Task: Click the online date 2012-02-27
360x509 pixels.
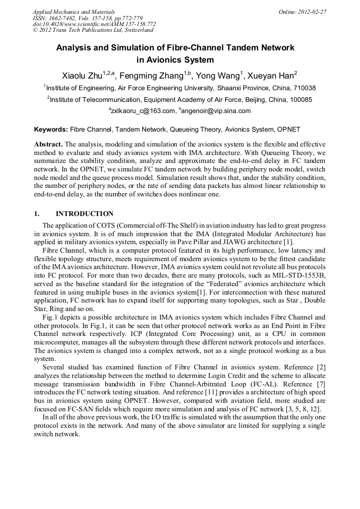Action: click(x=312, y=12)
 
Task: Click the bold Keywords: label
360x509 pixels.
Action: click(x=51, y=129)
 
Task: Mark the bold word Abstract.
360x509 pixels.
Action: click(x=48, y=144)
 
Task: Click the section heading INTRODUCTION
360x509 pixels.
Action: click(x=84, y=214)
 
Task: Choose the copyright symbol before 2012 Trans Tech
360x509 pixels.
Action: click(x=35, y=31)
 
